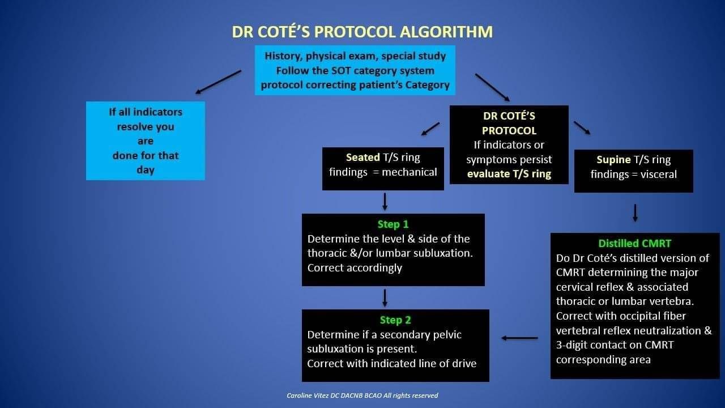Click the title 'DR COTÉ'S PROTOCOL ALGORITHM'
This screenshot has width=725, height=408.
[x=362, y=32]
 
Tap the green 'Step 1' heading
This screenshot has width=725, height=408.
[x=393, y=224]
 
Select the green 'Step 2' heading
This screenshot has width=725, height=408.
[x=395, y=320]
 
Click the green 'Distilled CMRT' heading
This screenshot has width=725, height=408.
[x=635, y=243]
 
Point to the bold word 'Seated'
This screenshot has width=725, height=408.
[x=363, y=158]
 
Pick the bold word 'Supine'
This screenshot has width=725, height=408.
[x=613, y=160]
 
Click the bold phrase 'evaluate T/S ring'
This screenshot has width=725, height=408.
[x=509, y=174]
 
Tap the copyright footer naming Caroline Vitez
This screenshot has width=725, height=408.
[x=362, y=396]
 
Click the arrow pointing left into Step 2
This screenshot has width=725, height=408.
[x=520, y=338]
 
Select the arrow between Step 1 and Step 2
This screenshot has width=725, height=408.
[x=385, y=298]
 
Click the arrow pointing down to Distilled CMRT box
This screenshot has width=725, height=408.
[x=635, y=213]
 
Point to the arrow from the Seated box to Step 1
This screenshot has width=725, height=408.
[x=385, y=202]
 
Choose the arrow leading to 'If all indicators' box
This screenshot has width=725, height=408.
[x=218, y=82]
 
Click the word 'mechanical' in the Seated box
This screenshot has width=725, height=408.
[x=410, y=172]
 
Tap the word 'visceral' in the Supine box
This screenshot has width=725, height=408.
[x=659, y=174]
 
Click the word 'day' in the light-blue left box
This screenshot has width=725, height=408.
[x=146, y=170]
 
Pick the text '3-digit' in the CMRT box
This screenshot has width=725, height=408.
[x=573, y=345]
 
